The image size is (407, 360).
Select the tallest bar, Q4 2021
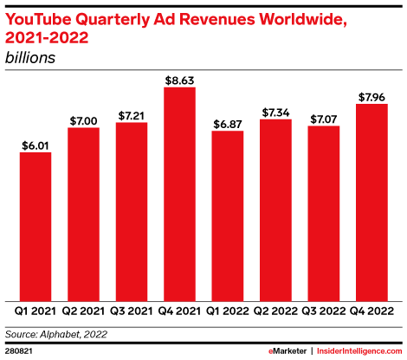click(x=179, y=194)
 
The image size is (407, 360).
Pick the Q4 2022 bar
click(x=371, y=201)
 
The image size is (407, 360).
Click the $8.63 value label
click(x=179, y=80)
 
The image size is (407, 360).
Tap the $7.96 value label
click(x=371, y=96)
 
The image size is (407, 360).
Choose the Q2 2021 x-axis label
click(x=83, y=310)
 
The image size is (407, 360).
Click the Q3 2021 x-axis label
click(x=132, y=310)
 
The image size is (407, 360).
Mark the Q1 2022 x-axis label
click(x=228, y=310)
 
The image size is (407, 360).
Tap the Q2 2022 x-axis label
click(x=275, y=310)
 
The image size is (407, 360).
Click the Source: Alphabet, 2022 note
click(x=57, y=331)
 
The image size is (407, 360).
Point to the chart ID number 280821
click(x=19, y=351)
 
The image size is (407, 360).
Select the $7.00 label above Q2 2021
click(x=83, y=119)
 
